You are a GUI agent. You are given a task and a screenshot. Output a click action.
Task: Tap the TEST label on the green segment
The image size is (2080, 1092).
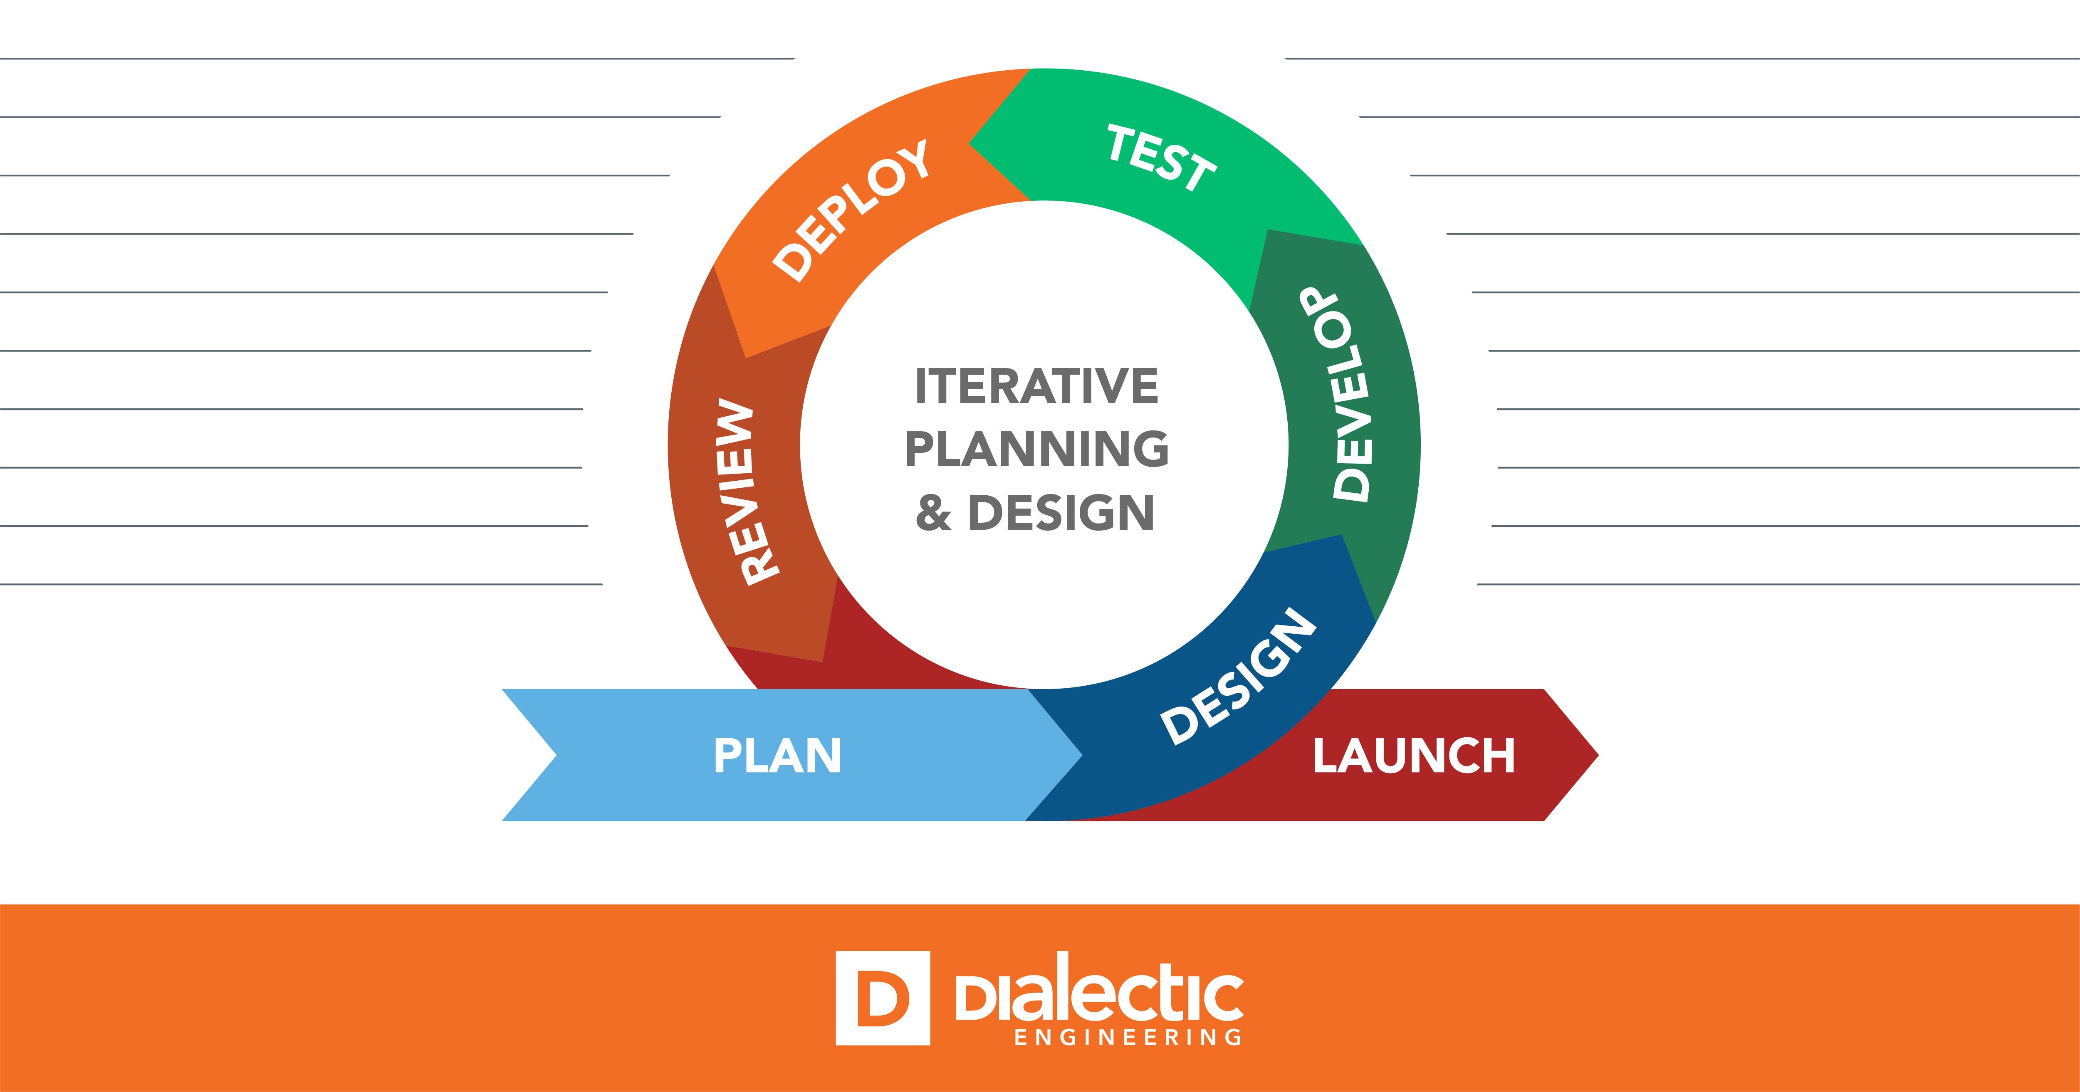click(1161, 158)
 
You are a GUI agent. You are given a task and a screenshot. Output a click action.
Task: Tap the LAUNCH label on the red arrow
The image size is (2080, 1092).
click(1413, 756)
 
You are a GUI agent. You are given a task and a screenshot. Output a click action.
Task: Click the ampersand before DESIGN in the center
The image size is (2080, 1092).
click(933, 513)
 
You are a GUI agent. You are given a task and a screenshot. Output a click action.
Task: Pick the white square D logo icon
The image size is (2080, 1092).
click(883, 998)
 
